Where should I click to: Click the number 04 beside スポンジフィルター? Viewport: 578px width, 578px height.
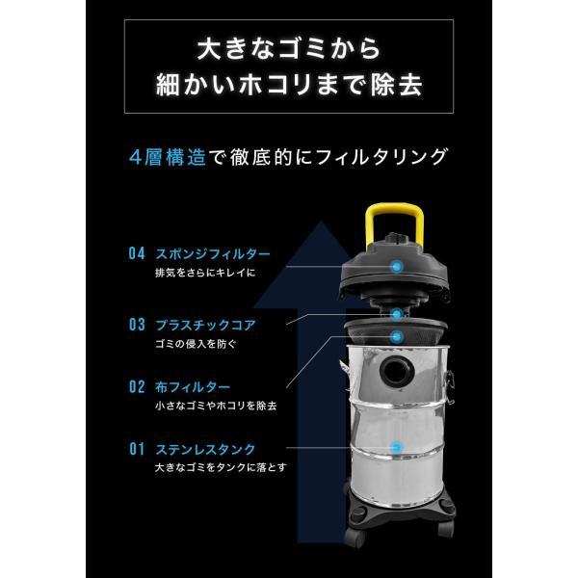click(x=137, y=253)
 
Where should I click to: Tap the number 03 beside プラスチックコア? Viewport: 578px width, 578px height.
click(x=137, y=325)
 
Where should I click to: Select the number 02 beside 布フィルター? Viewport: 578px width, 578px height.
click(x=137, y=386)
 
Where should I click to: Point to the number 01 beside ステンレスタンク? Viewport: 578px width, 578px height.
click(x=137, y=449)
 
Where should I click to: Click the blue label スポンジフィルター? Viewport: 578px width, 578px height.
click(x=213, y=254)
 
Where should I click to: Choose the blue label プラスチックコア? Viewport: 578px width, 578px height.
click(x=205, y=326)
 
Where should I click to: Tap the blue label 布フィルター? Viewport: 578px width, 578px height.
click(x=193, y=387)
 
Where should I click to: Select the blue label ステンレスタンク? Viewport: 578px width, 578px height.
click(x=205, y=449)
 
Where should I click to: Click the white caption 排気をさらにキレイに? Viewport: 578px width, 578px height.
click(x=205, y=273)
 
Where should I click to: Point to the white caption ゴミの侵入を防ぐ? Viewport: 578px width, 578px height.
click(x=196, y=344)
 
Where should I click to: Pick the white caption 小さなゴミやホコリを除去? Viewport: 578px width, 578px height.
click(x=216, y=406)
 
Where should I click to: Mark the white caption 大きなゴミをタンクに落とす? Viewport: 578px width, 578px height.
click(x=221, y=467)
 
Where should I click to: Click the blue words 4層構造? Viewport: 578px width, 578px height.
click(x=168, y=157)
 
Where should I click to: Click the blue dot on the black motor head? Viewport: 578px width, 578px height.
click(x=396, y=266)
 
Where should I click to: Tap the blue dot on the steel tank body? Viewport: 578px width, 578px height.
click(x=397, y=448)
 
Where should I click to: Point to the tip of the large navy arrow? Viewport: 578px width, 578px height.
click(x=322, y=221)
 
